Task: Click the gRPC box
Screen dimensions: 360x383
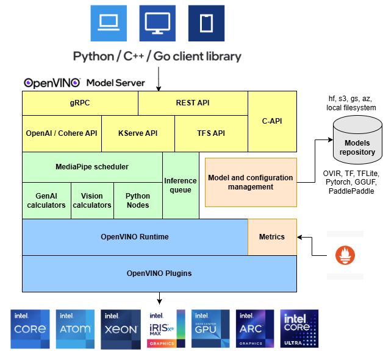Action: coord(80,103)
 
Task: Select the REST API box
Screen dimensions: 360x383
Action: coord(193,103)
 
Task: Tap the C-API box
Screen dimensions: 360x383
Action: coord(272,121)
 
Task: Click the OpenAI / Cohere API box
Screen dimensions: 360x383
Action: coord(62,133)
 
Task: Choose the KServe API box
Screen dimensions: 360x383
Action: coord(138,133)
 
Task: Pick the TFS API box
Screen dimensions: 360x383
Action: coord(211,133)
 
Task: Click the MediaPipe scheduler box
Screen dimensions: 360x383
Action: coord(92,167)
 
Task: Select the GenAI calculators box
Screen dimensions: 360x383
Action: coord(46,200)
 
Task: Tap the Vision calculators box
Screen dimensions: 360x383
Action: coord(92,200)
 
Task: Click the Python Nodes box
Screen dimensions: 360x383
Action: coord(138,200)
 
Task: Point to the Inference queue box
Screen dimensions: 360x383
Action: coord(181,185)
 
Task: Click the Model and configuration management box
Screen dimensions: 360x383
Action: coord(251,182)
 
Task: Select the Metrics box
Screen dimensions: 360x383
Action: coord(272,237)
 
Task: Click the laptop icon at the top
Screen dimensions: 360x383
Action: coord(109,23)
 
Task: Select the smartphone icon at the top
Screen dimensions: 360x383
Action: coord(206,23)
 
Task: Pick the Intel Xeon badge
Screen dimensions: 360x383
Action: coord(120,328)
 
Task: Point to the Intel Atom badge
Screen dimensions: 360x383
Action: coord(75,328)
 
